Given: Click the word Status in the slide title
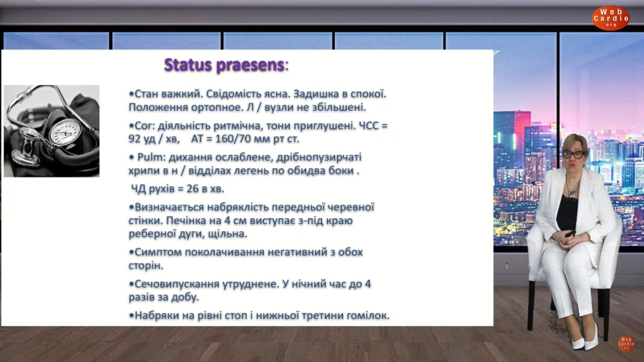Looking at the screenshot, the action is click(x=187, y=65).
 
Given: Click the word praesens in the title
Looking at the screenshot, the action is click(x=250, y=66).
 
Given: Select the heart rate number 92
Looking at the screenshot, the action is click(x=135, y=139).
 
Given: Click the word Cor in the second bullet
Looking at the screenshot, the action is click(x=143, y=126).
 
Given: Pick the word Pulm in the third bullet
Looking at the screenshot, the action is click(x=151, y=157).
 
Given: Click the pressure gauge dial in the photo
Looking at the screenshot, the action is click(x=65, y=132).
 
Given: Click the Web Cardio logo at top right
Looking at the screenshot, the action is click(x=610, y=18).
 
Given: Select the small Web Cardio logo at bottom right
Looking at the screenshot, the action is click(x=626, y=343).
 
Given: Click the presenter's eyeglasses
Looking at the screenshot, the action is click(x=574, y=155).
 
